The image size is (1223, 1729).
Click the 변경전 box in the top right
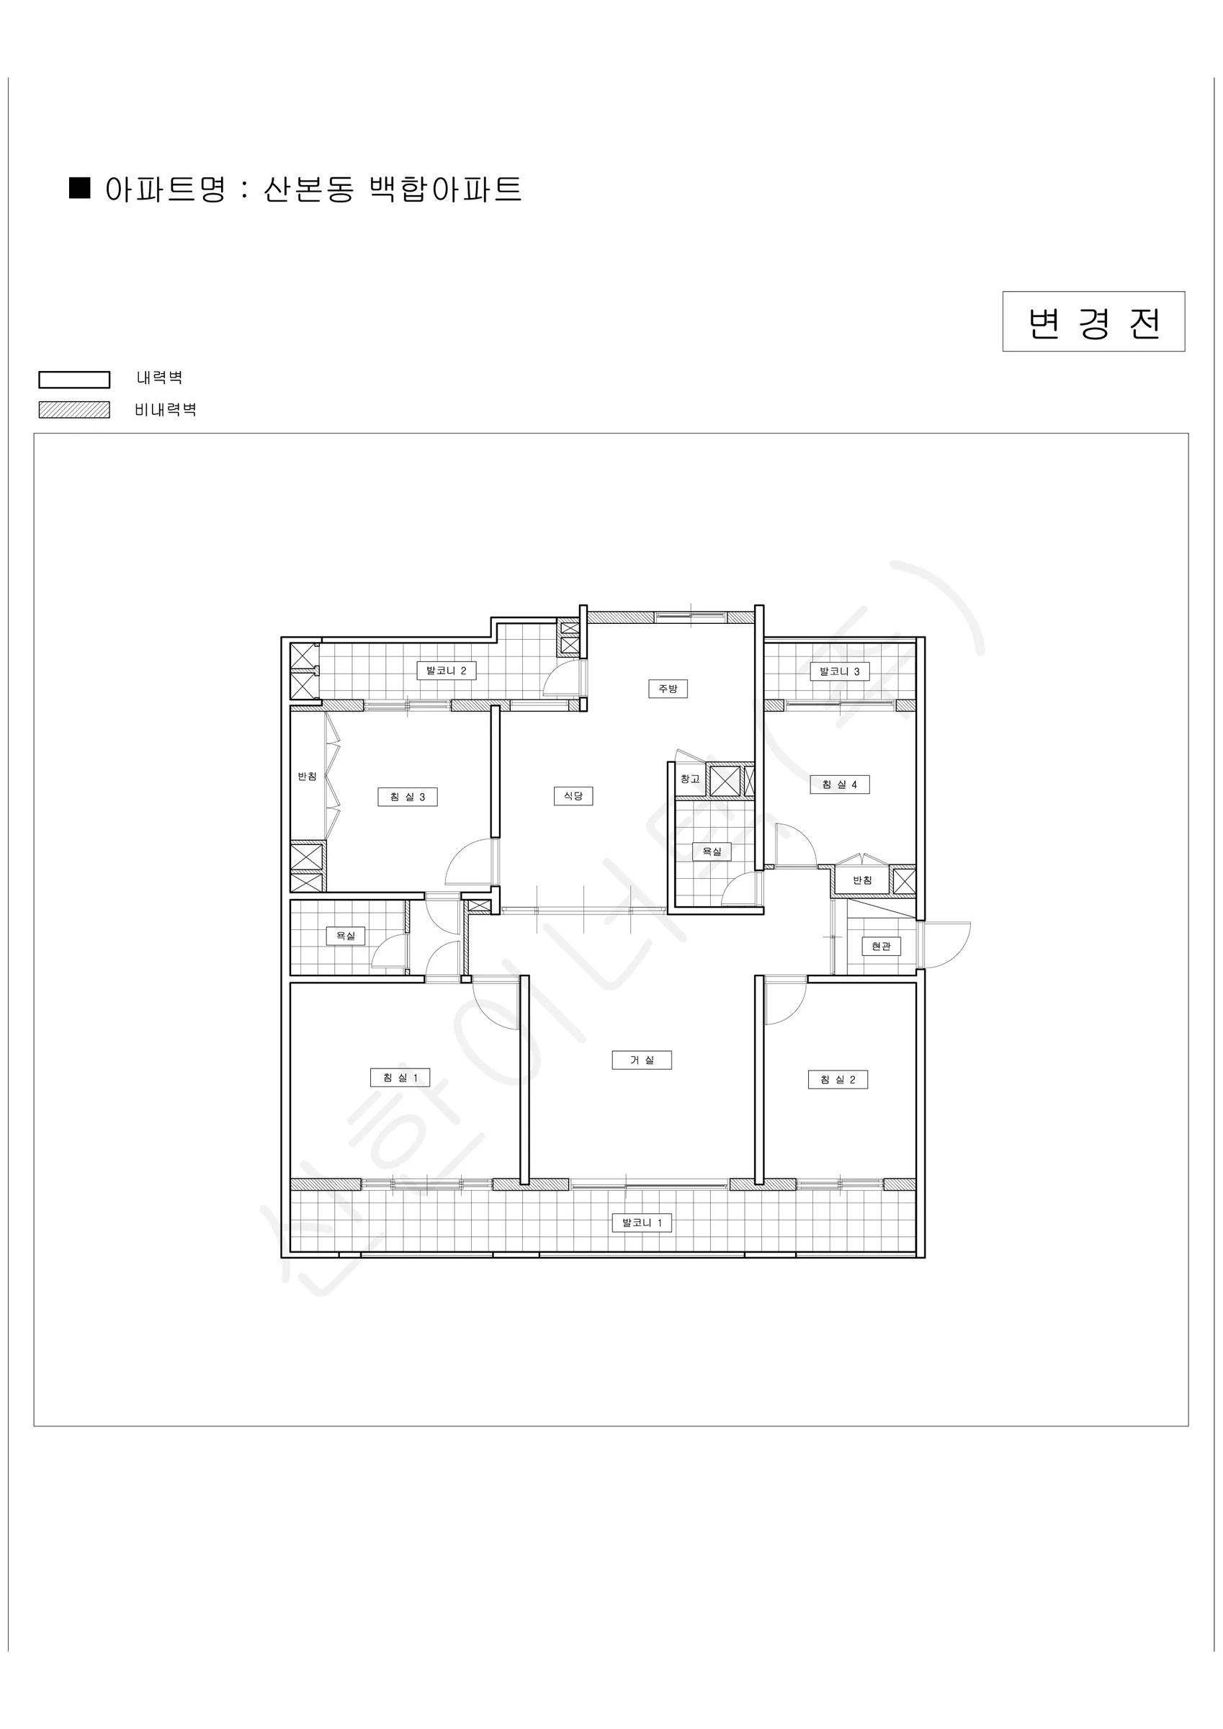pyautogui.click(x=1093, y=321)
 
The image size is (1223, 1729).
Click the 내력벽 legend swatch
pyautogui.click(x=73, y=380)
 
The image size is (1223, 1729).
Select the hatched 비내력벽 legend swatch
pyautogui.click(x=73, y=410)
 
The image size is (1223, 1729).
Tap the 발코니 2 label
pyautogui.click(x=447, y=671)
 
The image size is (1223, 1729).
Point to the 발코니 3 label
pyautogui.click(x=840, y=671)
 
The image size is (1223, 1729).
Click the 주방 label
pyautogui.click(x=668, y=688)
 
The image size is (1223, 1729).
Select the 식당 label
pyautogui.click(x=573, y=796)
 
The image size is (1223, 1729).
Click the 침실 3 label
pyautogui.click(x=408, y=797)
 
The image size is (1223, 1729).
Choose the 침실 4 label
pyautogui.click(x=840, y=785)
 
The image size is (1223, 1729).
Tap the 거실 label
pyautogui.click(x=642, y=1060)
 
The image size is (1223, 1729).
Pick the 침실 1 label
pyautogui.click(x=400, y=1078)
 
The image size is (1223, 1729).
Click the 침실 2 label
pyautogui.click(x=838, y=1080)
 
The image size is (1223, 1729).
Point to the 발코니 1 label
pyautogui.click(x=642, y=1223)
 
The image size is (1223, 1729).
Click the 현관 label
pyautogui.click(x=881, y=946)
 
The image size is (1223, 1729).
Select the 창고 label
pyautogui.click(x=690, y=779)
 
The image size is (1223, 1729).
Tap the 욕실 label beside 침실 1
pyautogui.click(x=345, y=936)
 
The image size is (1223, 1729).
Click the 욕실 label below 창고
pyautogui.click(x=712, y=852)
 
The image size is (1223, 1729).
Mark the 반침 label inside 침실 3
pyautogui.click(x=308, y=777)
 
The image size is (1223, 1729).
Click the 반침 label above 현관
pyautogui.click(x=862, y=880)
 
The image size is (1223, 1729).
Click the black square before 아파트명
pyautogui.click(x=80, y=187)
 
